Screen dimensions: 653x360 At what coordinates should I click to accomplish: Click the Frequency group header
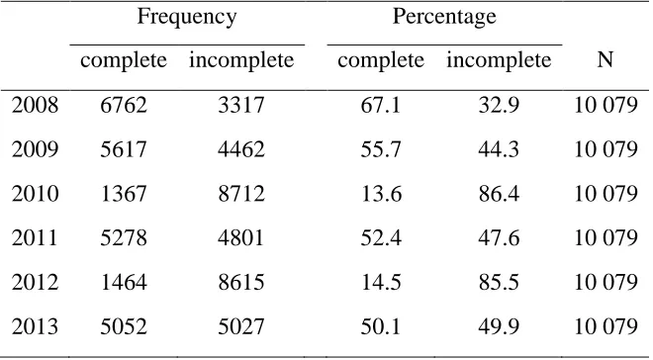(x=187, y=17)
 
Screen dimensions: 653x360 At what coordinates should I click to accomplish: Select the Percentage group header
(x=444, y=17)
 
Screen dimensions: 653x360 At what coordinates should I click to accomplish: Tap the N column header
(x=606, y=60)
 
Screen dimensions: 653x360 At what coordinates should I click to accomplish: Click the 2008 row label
(x=35, y=105)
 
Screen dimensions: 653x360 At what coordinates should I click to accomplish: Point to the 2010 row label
(x=35, y=194)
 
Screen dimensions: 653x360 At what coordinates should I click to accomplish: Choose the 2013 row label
(x=35, y=326)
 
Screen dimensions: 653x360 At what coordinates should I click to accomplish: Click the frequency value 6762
(x=124, y=105)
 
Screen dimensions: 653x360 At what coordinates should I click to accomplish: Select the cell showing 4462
(x=241, y=149)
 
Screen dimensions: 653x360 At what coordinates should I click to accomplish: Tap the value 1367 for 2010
(x=124, y=194)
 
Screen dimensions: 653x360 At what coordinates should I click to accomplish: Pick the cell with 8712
(x=241, y=194)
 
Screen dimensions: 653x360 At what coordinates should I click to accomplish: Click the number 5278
(x=124, y=238)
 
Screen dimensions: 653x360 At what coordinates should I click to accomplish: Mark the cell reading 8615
(x=241, y=283)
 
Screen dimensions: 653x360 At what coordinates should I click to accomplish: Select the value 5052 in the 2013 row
(x=124, y=326)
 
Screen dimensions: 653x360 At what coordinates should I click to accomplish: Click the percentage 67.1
(x=381, y=105)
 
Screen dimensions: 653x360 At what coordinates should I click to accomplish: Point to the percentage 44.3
(x=499, y=149)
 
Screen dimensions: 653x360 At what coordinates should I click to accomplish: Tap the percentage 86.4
(x=499, y=194)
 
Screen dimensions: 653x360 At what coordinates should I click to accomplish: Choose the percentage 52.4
(x=381, y=238)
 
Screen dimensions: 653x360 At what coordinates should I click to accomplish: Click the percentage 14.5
(x=381, y=283)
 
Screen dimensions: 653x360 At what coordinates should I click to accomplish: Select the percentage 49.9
(x=499, y=326)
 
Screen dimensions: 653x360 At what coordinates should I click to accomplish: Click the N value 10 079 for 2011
(x=606, y=238)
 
